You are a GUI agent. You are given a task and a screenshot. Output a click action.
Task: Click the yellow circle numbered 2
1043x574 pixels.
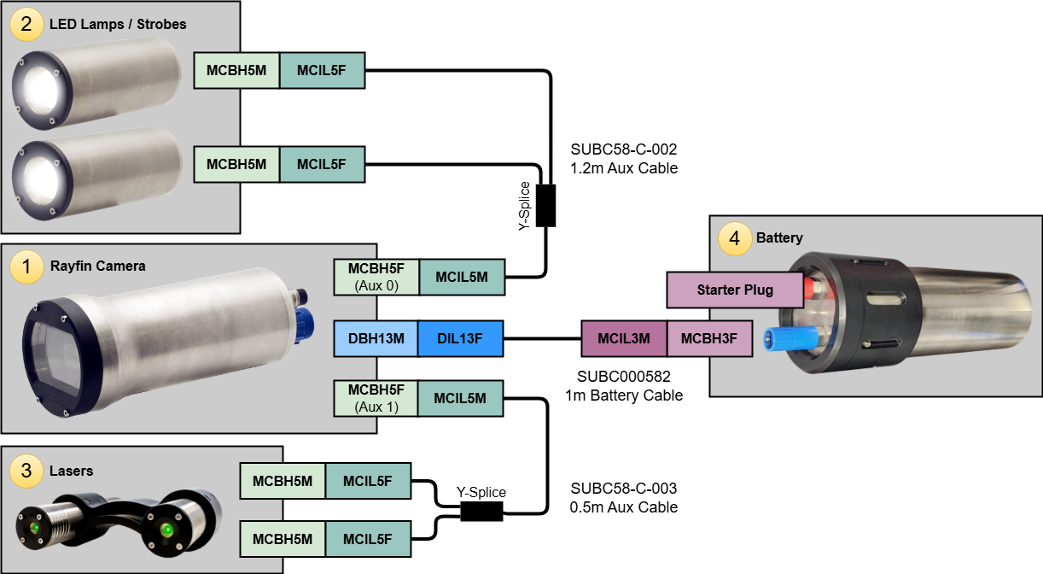click(26, 24)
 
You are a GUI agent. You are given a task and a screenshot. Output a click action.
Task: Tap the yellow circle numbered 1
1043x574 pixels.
click(26, 267)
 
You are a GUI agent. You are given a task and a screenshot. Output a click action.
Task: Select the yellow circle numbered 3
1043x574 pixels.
click(26, 470)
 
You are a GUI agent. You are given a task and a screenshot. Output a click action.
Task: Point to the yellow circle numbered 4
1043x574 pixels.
click(735, 238)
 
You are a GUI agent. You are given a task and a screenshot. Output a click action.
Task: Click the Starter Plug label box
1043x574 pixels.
click(735, 290)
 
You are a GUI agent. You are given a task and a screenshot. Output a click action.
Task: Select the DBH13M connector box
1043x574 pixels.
click(376, 339)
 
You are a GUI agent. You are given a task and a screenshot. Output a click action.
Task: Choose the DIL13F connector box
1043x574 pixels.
click(460, 339)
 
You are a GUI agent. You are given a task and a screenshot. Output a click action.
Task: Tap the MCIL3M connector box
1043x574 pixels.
click(624, 339)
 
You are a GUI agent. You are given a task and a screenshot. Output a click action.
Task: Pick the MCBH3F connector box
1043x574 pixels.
click(709, 339)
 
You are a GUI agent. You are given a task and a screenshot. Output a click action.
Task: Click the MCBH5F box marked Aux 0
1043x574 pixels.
click(376, 278)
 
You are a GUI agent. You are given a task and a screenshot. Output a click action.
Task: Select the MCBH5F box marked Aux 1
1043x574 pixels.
click(376, 398)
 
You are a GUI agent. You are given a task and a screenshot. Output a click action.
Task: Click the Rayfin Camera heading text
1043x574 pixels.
click(97, 266)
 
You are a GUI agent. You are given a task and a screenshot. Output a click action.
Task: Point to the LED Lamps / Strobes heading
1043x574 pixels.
click(118, 24)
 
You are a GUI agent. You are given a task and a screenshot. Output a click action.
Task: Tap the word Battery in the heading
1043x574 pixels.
click(779, 238)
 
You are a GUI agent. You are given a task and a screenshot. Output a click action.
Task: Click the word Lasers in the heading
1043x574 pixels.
click(71, 471)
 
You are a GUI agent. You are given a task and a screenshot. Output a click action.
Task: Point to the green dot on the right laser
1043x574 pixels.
click(167, 530)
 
